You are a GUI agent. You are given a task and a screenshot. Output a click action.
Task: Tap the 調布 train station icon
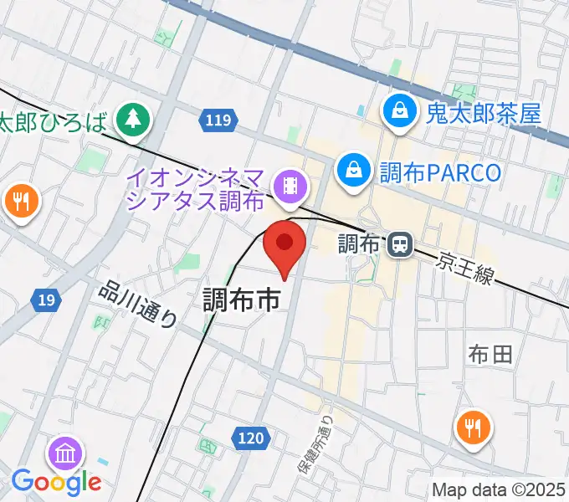point(400,244)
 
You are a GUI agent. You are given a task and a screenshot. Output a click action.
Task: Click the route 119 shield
point(216,121)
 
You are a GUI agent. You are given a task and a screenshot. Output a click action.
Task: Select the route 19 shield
point(46,299)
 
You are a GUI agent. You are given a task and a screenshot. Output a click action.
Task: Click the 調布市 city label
point(241,301)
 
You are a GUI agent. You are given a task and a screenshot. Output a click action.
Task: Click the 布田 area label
point(490,355)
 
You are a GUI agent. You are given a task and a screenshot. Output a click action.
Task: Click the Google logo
point(56,482)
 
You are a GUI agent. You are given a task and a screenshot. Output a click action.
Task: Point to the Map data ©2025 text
point(499,490)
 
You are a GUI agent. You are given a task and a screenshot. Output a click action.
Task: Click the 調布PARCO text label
point(440,172)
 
